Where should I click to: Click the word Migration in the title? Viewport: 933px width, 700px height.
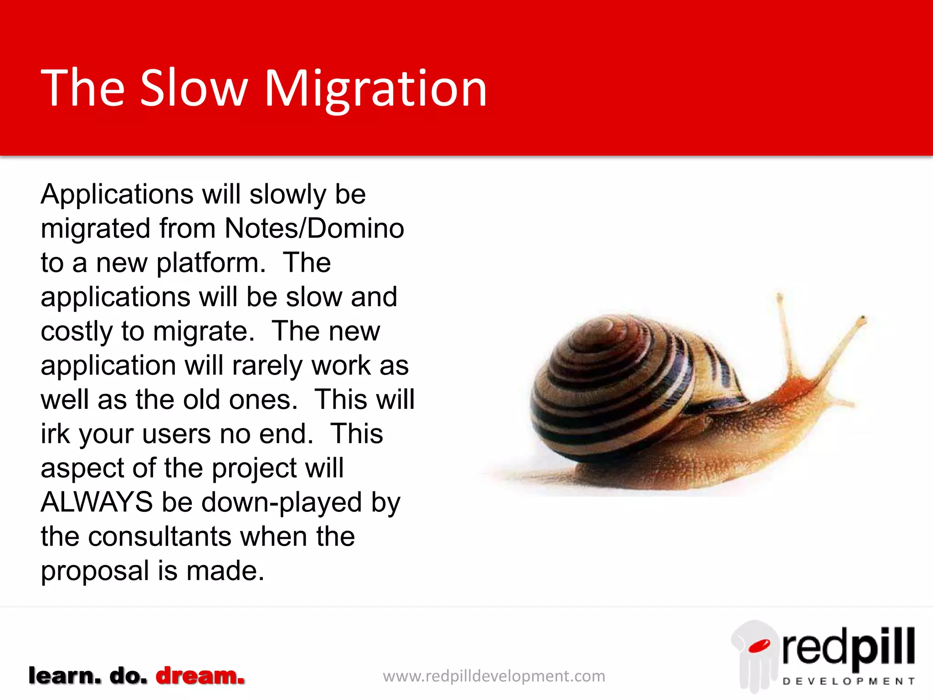pyautogui.click(x=375, y=89)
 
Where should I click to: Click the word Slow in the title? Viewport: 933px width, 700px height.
pyautogui.click(x=194, y=89)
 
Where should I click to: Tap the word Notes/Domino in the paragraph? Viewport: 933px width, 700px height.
pyautogui.click(x=314, y=228)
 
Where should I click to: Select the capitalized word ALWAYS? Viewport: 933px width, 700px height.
pyautogui.click(x=97, y=502)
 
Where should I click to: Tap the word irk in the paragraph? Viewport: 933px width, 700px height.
pyautogui.click(x=55, y=434)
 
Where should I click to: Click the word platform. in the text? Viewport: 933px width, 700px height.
pyautogui.click(x=211, y=263)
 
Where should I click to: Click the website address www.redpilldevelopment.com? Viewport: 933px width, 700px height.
pyautogui.click(x=494, y=676)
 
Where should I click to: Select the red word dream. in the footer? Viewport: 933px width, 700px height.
pyautogui.click(x=200, y=676)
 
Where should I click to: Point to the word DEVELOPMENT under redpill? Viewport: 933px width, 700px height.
pyautogui.click(x=848, y=681)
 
